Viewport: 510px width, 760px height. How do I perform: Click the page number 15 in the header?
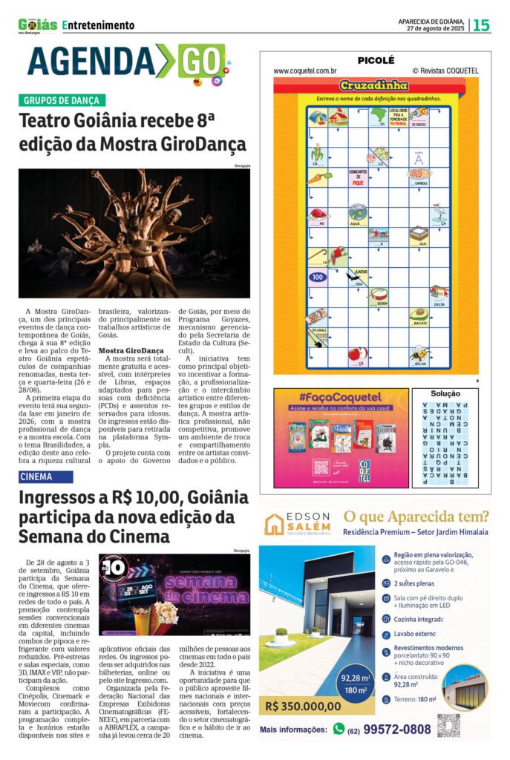(481, 25)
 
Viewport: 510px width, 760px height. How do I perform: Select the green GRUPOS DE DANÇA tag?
(62, 100)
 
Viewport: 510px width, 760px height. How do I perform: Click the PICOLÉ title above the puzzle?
(376, 60)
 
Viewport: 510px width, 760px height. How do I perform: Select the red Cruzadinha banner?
(375, 85)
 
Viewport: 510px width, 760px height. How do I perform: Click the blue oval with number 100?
(318, 277)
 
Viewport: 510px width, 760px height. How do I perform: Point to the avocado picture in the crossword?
(419, 314)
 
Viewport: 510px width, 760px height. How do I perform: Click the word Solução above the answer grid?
(445, 393)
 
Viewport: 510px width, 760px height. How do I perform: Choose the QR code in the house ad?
(449, 725)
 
